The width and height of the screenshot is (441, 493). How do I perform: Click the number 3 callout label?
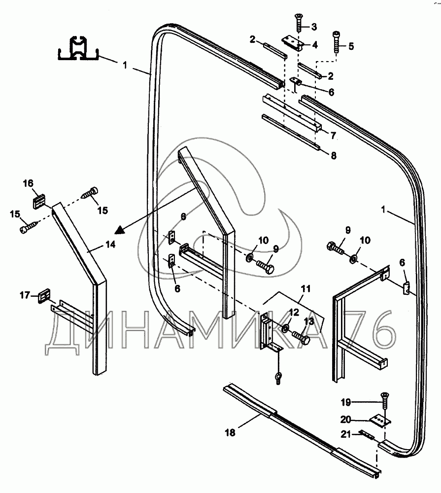point(314,27)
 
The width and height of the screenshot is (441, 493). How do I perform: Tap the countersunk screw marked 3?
point(299,23)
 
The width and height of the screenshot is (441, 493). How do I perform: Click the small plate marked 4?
point(292,42)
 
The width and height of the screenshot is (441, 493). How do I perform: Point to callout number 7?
point(333,135)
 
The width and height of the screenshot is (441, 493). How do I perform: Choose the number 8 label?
point(334,155)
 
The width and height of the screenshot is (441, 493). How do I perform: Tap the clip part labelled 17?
point(44,296)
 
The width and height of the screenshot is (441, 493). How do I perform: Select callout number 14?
point(110,245)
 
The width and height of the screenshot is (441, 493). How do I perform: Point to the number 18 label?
point(230,433)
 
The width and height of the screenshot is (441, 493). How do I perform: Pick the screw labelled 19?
point(384,402)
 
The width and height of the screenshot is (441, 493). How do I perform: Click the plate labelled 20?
point(380,421)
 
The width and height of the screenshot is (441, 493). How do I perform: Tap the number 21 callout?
point(346,434)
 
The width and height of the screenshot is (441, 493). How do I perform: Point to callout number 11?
point(305,288)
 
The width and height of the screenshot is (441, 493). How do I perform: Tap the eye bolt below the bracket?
point(278,377)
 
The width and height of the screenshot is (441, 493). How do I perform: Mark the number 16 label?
point(28,183)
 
